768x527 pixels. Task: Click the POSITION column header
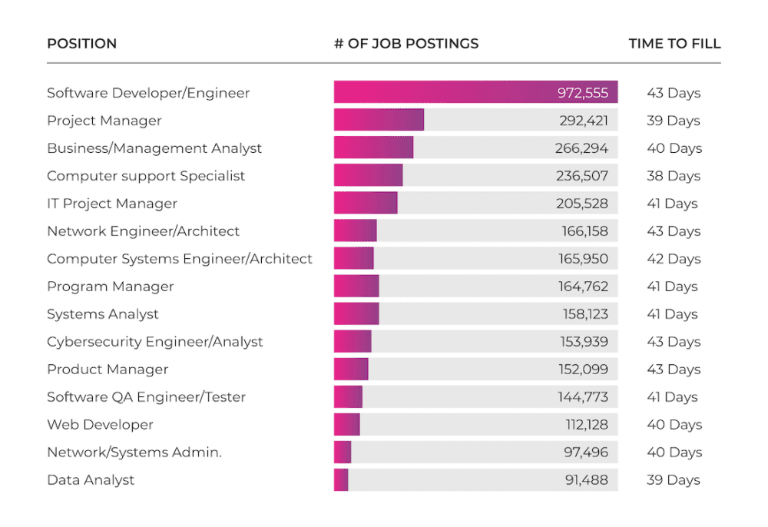point(81,44)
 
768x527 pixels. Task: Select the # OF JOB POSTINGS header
point(406,44)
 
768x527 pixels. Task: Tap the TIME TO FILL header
point(674,44)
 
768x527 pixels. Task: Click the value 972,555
point(583,93)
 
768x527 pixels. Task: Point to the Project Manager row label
point(104,121)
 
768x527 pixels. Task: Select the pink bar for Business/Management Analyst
point(373,148)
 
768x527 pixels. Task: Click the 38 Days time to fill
point(674,176)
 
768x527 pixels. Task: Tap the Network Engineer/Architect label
point(143,231)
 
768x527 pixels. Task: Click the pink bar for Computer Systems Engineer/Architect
point(353,259)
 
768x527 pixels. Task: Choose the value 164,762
point(583,287)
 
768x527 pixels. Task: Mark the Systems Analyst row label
point(103,314)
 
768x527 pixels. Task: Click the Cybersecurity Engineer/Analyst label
point(155,342)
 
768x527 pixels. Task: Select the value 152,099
point(583,370)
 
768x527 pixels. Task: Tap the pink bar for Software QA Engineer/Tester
point(348,397)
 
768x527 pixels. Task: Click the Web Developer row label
point(100,425)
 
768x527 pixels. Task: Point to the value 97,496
point(586,452)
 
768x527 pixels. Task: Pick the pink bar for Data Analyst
point(341,480)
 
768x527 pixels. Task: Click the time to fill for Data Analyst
point(674,480)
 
